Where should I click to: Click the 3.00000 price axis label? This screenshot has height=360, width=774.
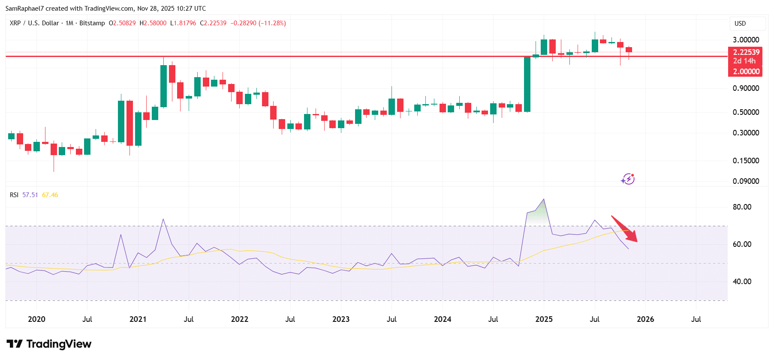746,40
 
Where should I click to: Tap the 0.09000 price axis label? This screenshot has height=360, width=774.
746,181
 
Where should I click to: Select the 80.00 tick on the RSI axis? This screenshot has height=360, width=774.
742,207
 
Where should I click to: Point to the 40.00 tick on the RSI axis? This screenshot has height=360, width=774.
742,282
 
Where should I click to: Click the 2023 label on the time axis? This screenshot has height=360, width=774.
341,319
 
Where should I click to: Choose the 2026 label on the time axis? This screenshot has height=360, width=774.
645,319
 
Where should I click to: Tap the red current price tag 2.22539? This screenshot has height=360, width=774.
746,52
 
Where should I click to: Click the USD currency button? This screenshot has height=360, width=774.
740,24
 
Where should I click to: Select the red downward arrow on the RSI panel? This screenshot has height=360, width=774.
625,229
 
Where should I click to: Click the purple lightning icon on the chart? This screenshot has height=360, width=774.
628,179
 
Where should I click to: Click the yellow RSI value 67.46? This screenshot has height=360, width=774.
50,195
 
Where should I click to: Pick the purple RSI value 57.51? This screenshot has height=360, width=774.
30,195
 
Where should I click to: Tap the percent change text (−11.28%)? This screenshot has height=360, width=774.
272,23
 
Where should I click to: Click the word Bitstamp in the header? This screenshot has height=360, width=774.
92,23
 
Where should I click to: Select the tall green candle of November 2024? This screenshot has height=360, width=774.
527,84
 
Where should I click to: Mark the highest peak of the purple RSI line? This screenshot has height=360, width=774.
544,199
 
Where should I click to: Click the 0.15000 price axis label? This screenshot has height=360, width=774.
746,161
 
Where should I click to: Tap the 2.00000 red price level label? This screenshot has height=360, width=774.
746,72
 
